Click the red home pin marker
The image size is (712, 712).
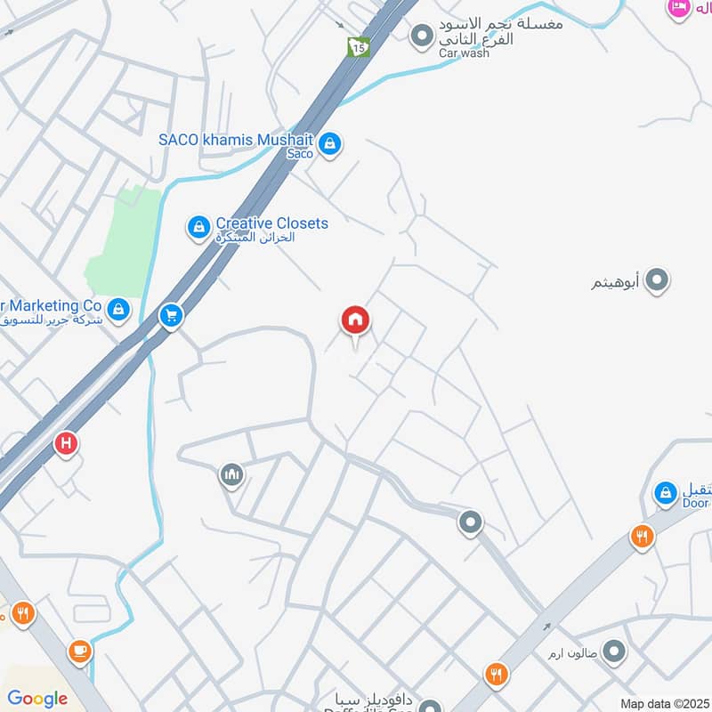355,321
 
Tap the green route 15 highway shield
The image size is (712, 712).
358,46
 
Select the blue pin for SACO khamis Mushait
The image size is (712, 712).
330,142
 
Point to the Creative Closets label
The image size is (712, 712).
271,223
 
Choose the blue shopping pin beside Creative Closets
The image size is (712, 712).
198,228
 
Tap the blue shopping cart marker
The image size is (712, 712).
171,315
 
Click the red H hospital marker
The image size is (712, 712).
65,443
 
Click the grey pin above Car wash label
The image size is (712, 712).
421,36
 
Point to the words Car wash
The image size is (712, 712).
464,53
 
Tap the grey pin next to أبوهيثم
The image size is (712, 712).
657,281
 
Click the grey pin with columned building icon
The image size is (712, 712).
231,475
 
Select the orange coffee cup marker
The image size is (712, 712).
80,651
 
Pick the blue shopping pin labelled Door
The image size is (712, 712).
666,492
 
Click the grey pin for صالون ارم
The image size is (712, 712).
613,653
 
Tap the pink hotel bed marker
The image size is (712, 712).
679,7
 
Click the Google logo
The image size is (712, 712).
37,699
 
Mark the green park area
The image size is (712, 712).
123,240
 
